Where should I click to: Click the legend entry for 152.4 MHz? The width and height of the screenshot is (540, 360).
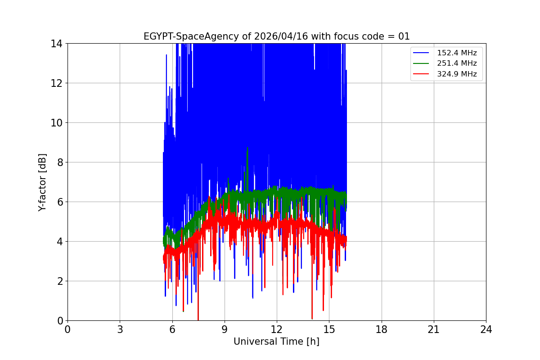click(x=457, y=53)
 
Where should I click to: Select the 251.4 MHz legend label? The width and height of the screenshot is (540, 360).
click(x=457, y=63)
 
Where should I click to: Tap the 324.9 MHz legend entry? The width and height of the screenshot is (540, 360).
click(x=457, y=74)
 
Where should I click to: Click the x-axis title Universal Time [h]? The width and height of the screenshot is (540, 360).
click(x=276, y=342)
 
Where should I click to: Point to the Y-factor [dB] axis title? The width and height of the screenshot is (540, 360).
click(x=43, y=182)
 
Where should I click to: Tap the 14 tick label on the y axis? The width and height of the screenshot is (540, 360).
click(x=57, y=44)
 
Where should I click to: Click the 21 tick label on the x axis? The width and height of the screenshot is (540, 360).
click(x=434, y=330)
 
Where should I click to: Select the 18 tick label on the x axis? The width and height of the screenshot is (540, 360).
click(x=382, y=330)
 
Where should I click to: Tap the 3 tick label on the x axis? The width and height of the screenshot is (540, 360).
click(x=120, y=330)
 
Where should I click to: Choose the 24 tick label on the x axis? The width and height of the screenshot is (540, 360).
click(x=486, y=330)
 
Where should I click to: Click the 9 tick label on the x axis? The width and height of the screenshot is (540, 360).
click(x=225, y=330)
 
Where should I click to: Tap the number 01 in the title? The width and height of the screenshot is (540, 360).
click(x=404, y=36)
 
